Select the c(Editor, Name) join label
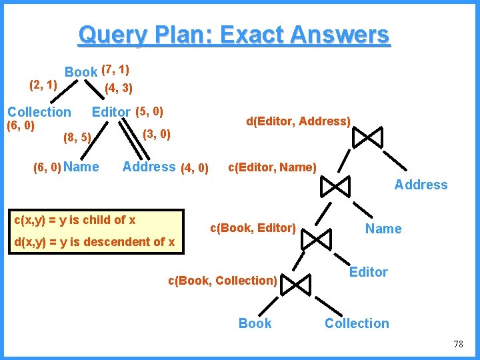click(x=272, y=167)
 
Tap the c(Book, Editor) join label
click(x=253, y=228)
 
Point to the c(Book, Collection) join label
click(x=222, y=281)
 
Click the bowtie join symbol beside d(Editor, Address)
click(x=367, y=137)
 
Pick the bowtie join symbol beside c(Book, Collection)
click(x=295, y=285)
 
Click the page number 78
click(x=457, y=344)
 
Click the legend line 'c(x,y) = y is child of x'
click(x=75, y=219)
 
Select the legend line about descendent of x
click(x=94, y=241)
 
